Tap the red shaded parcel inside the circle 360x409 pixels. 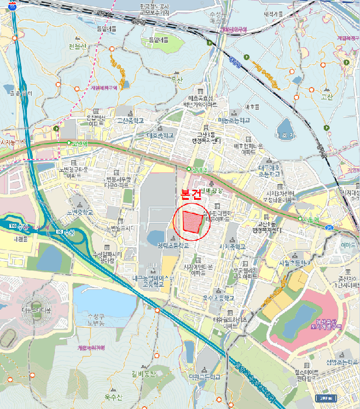192,222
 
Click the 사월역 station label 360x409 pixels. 314,220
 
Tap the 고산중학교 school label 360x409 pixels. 130,120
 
